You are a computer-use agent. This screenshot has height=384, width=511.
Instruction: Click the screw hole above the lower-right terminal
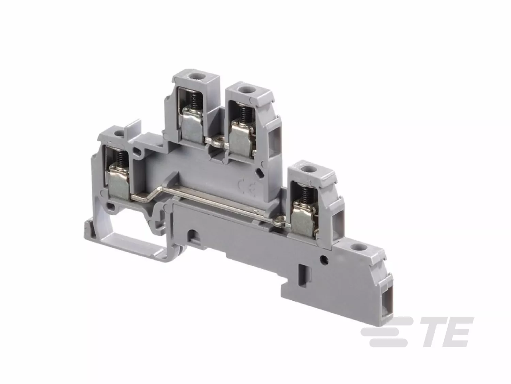pyautogui.click(x=306, y=168)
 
